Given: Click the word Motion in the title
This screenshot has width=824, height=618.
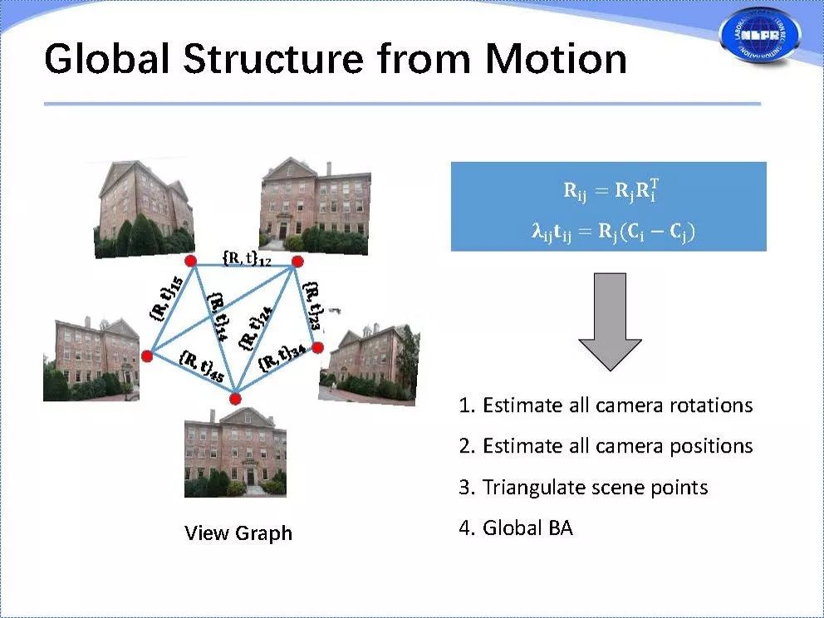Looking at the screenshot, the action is [x=556, y=59].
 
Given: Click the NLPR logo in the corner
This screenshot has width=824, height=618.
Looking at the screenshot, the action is [x=760, y=35].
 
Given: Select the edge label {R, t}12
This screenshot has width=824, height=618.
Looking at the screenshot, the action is [x=247, y=260].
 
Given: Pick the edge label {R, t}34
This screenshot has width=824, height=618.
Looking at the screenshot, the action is [x=281, y=357].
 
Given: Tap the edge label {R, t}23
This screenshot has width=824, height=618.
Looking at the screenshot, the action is [x=314, y=304].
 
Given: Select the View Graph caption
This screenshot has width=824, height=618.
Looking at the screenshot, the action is [x=238, y=532].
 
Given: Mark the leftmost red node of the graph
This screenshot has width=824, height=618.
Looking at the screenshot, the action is [x=147, y=356].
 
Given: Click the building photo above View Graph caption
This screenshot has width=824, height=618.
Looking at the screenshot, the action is [x=235, y=453].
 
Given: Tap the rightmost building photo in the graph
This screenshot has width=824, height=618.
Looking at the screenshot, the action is [x=370, y=365].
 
